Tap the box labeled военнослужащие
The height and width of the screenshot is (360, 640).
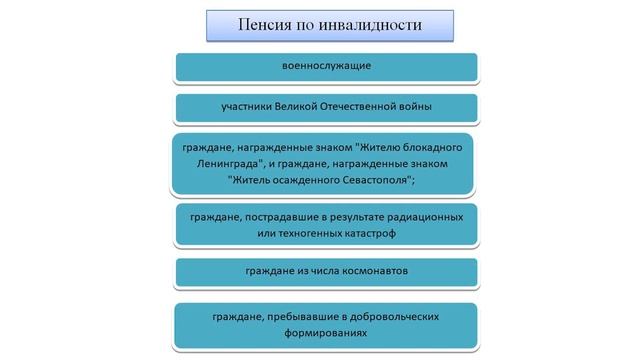coord(326,66)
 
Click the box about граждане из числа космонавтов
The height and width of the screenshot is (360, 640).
coord(326,272)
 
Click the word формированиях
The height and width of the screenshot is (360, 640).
coord(326,333)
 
